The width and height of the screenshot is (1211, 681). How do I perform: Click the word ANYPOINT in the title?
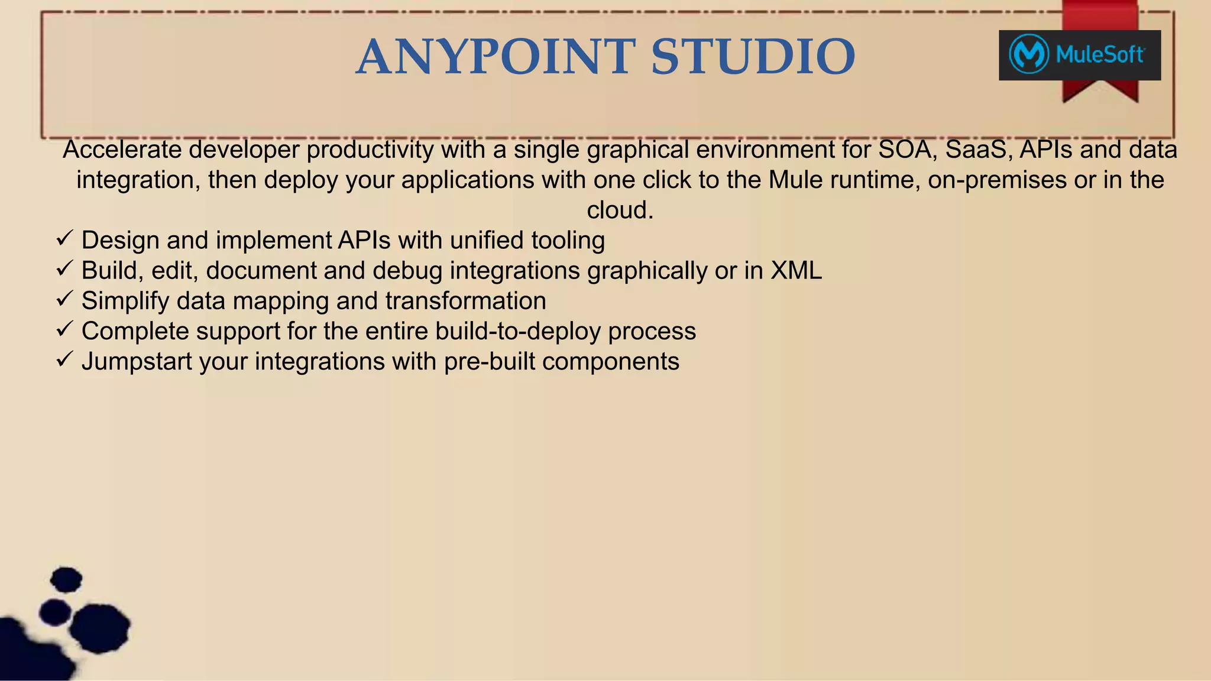496,57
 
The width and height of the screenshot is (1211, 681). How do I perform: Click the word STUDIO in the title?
753,57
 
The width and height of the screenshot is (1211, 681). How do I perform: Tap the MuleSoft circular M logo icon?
1029,54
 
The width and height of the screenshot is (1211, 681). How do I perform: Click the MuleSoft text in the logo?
1099,55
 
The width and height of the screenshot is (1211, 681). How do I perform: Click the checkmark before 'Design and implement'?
64,239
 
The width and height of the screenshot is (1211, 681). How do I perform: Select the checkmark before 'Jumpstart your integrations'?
64,359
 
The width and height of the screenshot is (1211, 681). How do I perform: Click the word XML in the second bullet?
796,271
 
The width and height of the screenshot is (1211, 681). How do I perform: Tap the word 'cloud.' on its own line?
620,210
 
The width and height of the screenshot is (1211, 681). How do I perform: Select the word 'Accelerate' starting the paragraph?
122,150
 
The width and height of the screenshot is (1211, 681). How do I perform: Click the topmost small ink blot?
66,579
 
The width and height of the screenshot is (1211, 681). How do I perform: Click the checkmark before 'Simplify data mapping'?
64,299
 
